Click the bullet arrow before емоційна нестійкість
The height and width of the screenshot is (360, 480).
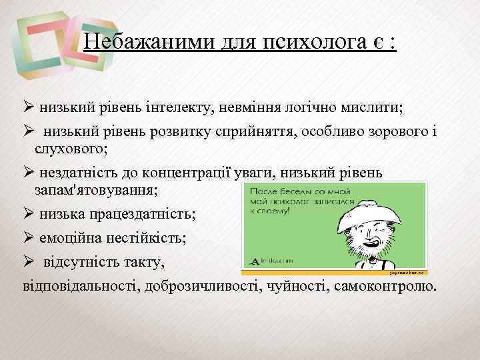pos(29,237)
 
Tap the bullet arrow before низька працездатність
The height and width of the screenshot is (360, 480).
pos(29,214)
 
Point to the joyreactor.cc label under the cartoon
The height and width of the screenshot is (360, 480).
pos(405,273)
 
